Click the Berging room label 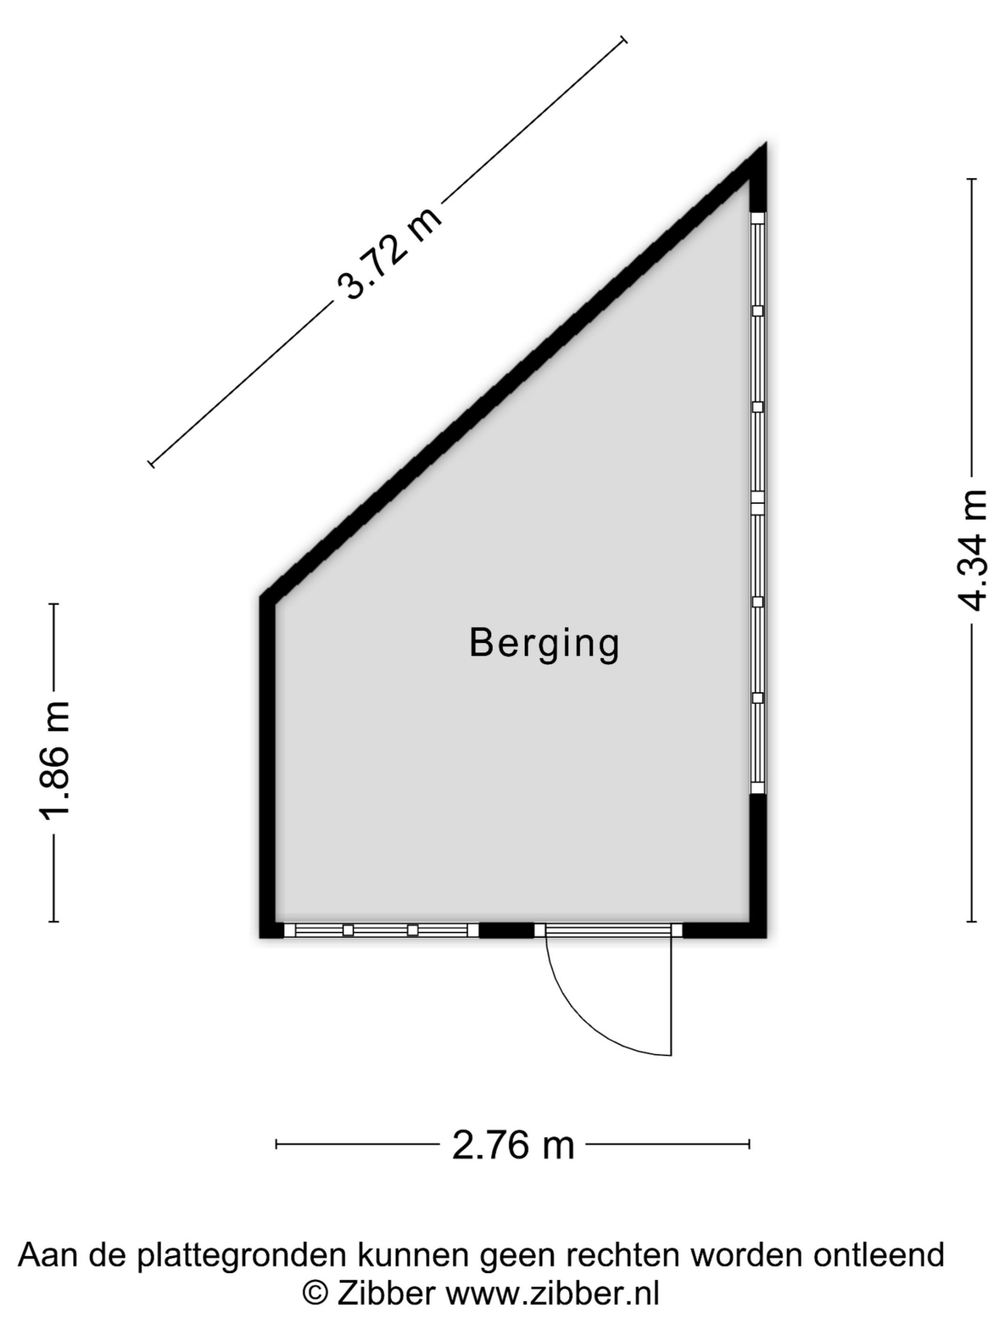(x=544, y=644)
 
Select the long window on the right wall (x=758, y=504)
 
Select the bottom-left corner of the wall (x=261, y=937)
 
